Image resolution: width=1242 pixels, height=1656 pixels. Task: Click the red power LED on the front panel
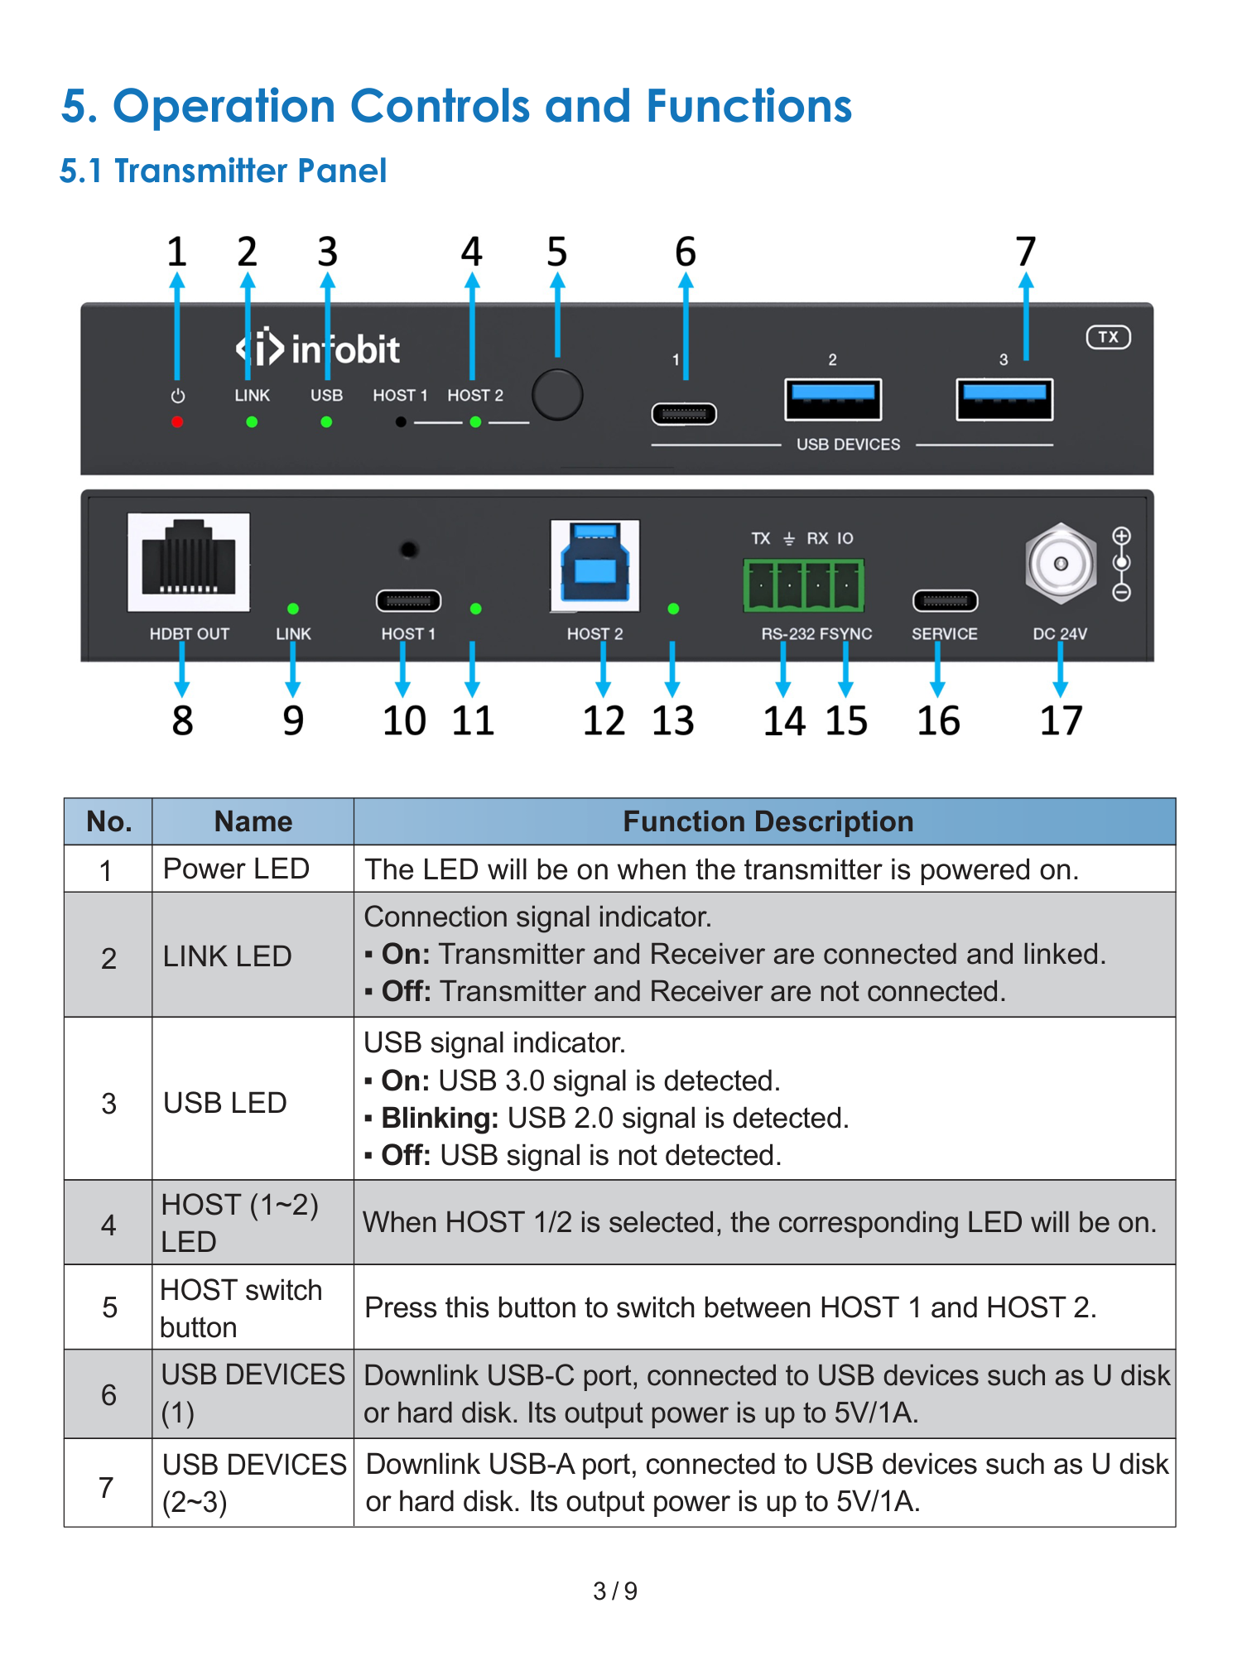tap(177, 422)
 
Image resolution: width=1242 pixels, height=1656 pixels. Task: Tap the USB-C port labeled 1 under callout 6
tap(684, 413)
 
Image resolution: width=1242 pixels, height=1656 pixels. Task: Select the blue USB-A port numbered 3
tap(1004, 400)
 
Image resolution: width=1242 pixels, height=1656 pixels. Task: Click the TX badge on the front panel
tap(1109, 337)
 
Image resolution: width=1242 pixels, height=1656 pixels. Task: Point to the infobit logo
tap(318, 349)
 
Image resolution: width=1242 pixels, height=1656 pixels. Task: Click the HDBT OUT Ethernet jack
tap(189, 562)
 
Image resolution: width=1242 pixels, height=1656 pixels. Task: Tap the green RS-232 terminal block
tap(804, 585)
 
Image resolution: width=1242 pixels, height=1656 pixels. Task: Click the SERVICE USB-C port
tap(945, 600)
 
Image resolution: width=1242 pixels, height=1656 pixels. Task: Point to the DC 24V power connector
tap(1061, 564)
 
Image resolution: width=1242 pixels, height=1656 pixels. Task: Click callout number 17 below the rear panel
tap(1061, 720)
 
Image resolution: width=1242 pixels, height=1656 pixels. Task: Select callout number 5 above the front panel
tap(557, 252)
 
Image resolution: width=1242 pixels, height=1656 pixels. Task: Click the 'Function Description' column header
tap(768, 821)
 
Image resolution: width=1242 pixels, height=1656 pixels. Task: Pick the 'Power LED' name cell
tap(236, 869)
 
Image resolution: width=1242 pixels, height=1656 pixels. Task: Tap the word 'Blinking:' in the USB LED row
tap(440, 1118)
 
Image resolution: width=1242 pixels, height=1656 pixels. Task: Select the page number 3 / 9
tap(615, 1591)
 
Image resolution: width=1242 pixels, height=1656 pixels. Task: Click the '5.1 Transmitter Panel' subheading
tap(223, 171)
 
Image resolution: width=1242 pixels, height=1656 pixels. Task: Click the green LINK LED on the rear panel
tap(293, 609)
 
